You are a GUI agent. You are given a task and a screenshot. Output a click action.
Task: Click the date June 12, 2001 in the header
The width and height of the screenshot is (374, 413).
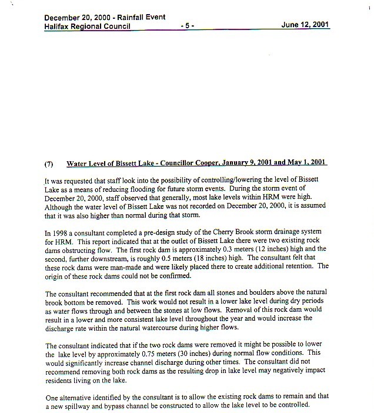tap(305, 25)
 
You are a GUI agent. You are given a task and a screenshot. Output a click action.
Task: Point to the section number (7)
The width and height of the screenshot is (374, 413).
tap(51, 163)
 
